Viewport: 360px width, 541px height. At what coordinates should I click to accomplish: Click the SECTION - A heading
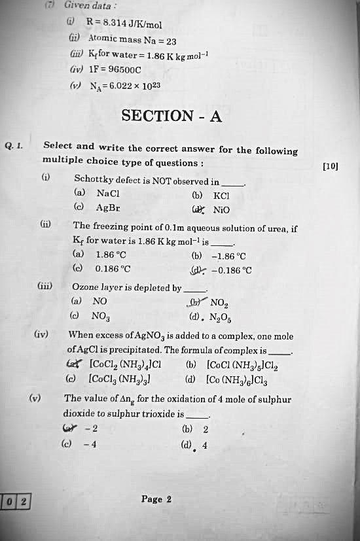pyautogui.click(x=172, y=116)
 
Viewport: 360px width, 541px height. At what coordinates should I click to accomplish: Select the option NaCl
pyautogui.click(x=107, y=194)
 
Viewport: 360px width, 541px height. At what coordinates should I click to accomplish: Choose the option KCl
pyautogui.click(x=221, y=195)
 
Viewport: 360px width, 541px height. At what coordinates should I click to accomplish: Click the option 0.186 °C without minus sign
pyautogui.click(x=113, y=268)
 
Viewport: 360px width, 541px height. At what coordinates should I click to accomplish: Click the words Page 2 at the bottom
pyautogui.click(x=156, y=499)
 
